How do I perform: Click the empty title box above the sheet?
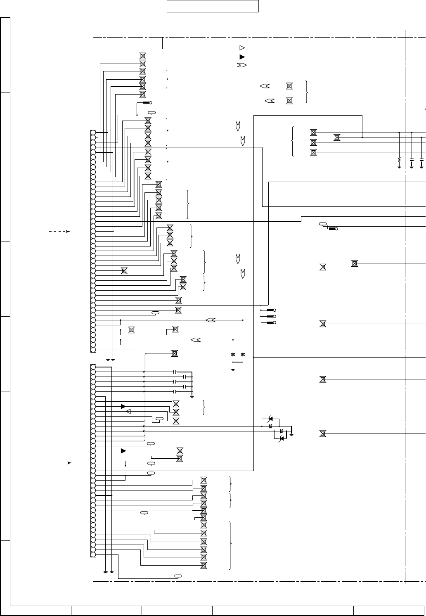[213, 7]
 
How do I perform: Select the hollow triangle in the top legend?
[242, 48]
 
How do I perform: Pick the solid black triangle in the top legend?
[242, 57]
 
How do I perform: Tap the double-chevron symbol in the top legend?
[242, 65]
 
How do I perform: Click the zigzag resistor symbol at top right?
[399, 159]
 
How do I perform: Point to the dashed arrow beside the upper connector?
[59, 232]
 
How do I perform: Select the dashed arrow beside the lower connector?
[61, 463]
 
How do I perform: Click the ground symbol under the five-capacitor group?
[192, 397]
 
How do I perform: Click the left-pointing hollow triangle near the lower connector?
[128, 411]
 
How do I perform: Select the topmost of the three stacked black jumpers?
[271, 310]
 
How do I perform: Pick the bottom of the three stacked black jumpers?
[271, 322]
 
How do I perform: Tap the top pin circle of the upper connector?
[93, 133]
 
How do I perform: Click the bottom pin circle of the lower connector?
[93, 554]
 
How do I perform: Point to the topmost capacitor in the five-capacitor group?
[175, 372]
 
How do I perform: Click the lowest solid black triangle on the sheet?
[123, 450]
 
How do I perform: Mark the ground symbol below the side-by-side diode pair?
[233, 369]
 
